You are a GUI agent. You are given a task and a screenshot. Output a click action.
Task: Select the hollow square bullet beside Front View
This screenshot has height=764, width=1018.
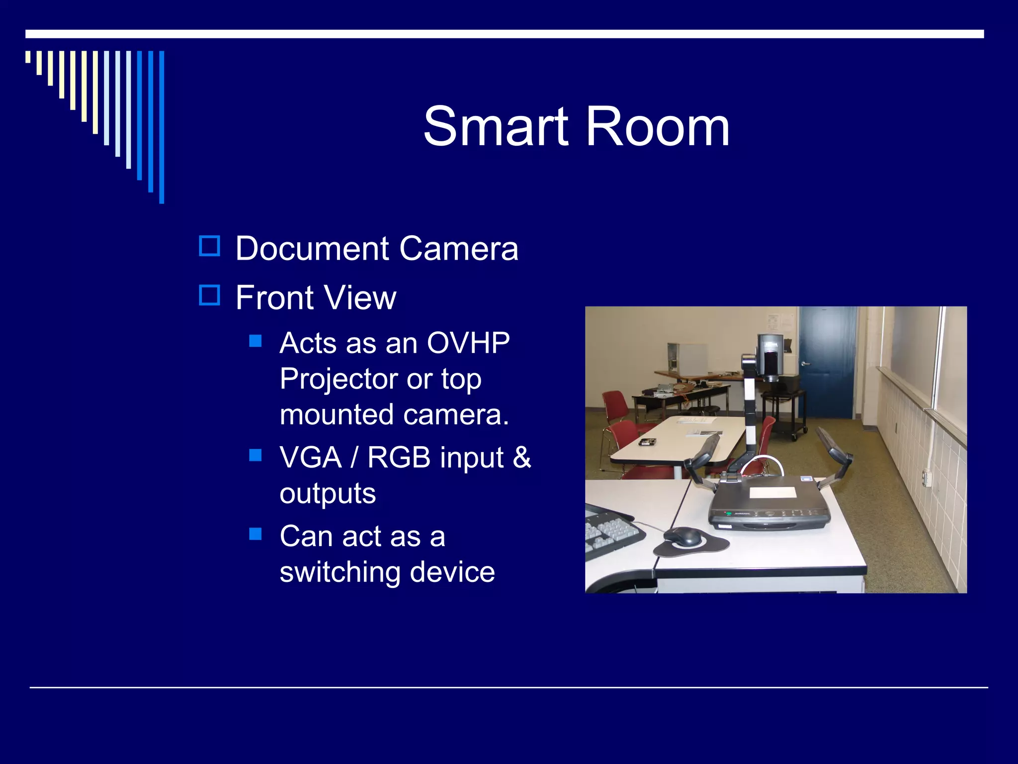209,295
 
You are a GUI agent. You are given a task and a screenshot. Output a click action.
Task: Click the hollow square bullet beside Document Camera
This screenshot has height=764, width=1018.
209,246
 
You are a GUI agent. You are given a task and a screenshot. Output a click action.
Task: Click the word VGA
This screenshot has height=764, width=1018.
311,457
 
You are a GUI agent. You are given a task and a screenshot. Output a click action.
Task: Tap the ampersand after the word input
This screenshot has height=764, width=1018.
521,457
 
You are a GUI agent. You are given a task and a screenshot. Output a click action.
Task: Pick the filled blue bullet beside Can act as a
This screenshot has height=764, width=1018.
255,534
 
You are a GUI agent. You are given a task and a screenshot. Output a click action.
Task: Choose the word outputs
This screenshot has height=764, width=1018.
328,493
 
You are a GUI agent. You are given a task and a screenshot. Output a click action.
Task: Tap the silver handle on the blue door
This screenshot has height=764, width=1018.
806,364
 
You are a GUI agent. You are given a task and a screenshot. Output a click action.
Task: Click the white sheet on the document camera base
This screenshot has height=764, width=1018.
773,492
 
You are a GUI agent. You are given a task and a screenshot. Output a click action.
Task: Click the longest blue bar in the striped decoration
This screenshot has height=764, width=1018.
162,127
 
